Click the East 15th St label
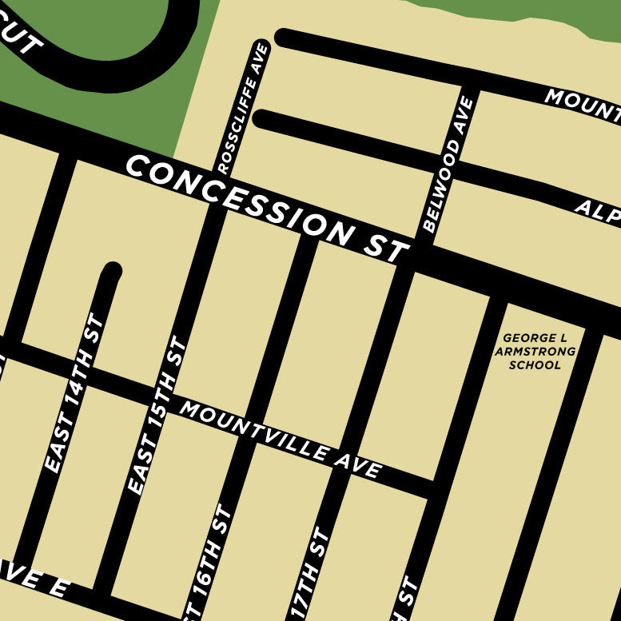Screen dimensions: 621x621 (157, 415)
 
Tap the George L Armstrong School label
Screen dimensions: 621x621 (535, 352)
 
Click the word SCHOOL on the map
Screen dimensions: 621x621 (535, 365)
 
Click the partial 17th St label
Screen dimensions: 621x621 (308, 574)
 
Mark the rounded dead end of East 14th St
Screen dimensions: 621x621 (111, 272)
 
